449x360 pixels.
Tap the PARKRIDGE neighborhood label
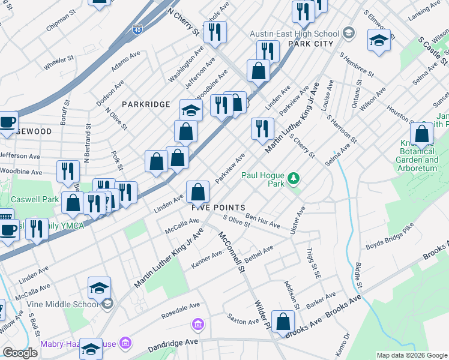pos(146,104)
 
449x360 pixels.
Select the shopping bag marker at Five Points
pos(197,193)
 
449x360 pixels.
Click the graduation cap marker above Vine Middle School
pos(100,288)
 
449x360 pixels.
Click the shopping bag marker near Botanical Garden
pos(422,135)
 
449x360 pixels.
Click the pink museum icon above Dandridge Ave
pos(197,325)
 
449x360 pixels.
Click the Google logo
pos(20,352)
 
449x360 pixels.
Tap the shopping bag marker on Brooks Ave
pos(282,322)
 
